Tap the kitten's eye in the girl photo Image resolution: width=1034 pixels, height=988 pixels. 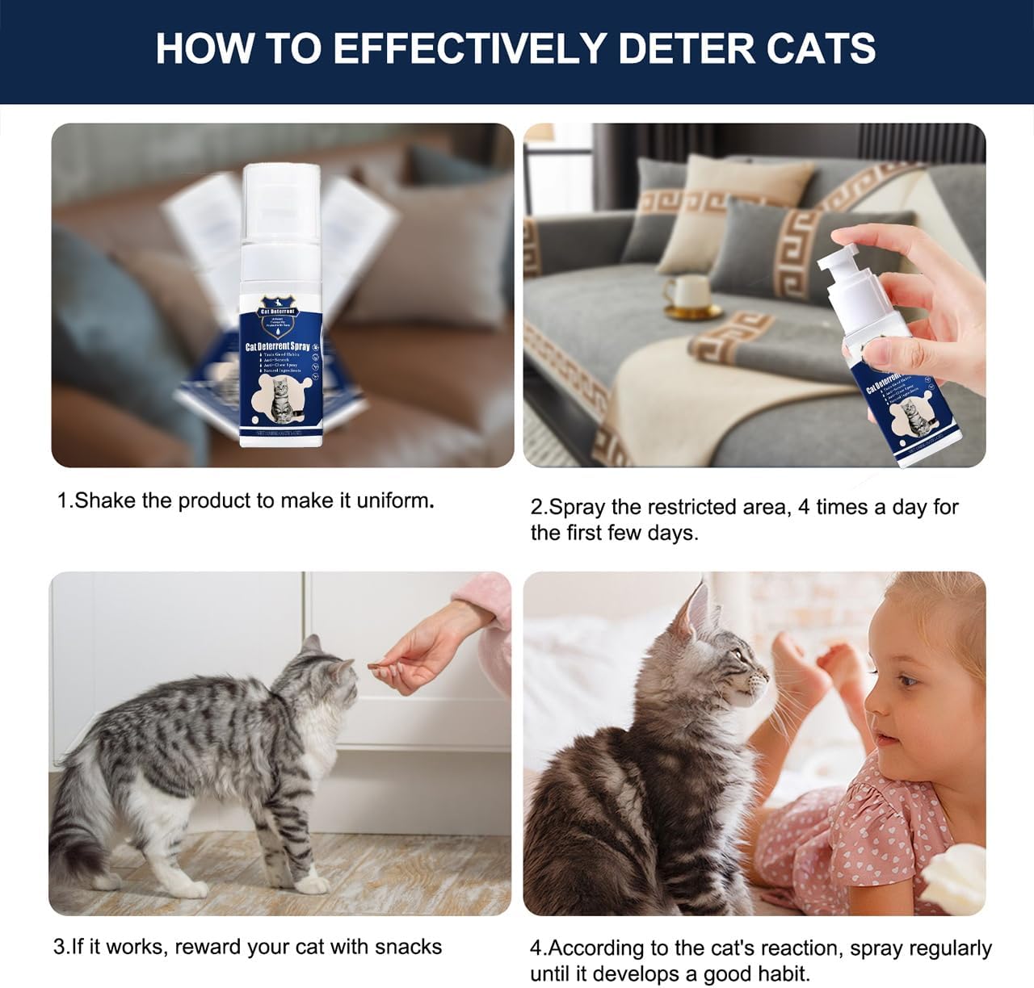(742, 658)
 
